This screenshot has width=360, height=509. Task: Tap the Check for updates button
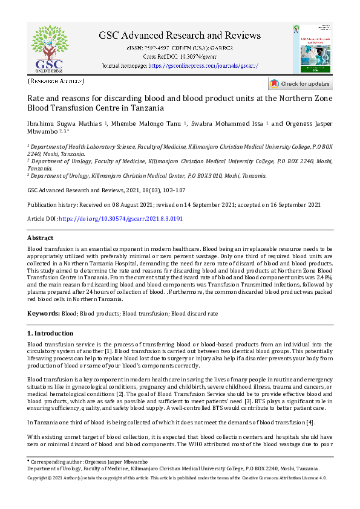click(x=300, y=84)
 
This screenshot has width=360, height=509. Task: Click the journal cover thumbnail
click(x=312, y=49)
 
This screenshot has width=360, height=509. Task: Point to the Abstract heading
click(x=41, y=238)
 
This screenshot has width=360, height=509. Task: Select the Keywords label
click(x=44, y=314)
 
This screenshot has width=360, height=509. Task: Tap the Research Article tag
click(x=56, y=81)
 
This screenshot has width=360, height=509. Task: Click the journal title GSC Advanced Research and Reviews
click(x=179, y=35)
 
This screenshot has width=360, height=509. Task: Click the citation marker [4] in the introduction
click(x=310, y=422)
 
